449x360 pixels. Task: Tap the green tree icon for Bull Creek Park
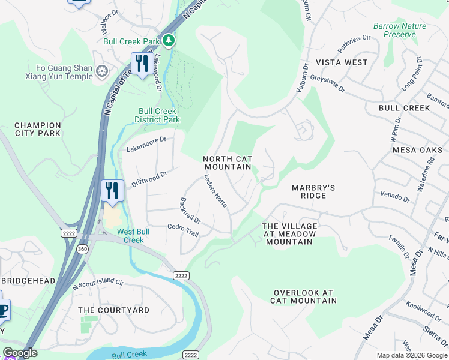(170, 40)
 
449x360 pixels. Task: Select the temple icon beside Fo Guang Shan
(102, 72)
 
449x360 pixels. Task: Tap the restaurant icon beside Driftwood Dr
(112, 190)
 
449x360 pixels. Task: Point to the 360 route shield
(83, 248)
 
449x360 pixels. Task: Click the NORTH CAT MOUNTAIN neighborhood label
(228, 163)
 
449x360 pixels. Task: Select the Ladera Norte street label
(215, 191)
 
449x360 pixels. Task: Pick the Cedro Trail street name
(183, 229)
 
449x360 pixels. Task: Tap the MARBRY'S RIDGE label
(313, 191)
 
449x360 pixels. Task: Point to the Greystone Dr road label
(328, 83)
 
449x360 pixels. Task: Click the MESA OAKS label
(416, 150)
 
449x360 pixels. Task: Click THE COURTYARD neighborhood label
(114, 310)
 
